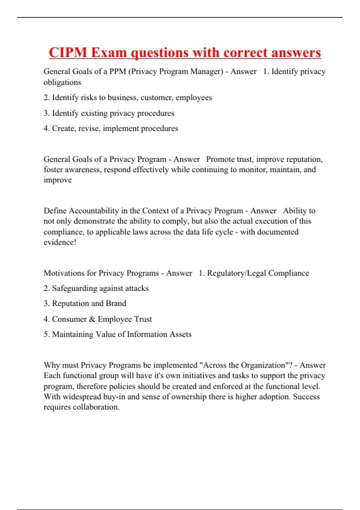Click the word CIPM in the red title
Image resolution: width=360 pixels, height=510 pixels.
click(68, 52)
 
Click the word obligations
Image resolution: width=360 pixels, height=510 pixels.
click(62, 82)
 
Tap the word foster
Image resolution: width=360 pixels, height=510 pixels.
click(53, 169)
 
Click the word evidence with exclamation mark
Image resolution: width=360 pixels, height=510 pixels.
click(60, 242)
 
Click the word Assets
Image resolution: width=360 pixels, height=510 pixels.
click(180, 334)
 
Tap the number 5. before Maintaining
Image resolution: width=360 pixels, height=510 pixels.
click(46, 334)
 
